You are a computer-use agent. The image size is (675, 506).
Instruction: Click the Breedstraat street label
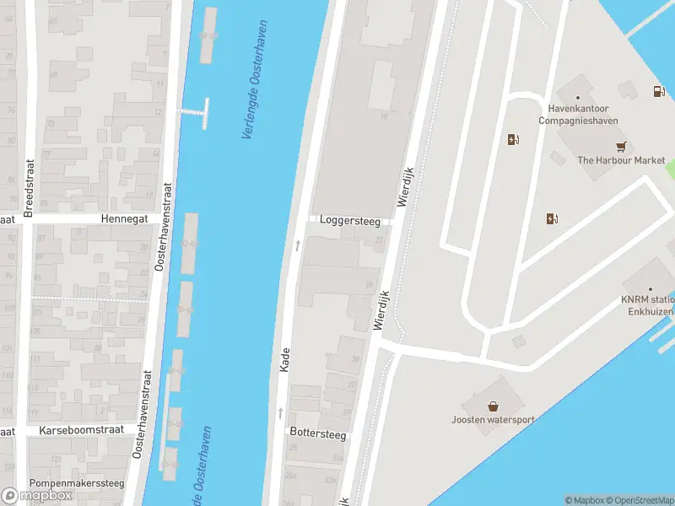pyautogui.click(x=28, y=188)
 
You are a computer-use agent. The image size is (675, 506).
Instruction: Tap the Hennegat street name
pyautogui.click(x=124, y=218)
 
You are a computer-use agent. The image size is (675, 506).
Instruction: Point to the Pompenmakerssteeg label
pyautogui.click(x=77, y=483)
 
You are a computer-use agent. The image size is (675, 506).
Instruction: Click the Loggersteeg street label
pyautogui.click(x=349, y=221)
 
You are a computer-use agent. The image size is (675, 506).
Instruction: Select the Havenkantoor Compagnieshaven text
pyautogui.click(x=579, y=115)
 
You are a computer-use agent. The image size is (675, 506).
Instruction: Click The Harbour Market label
pyautogui.click(x=621, y=160)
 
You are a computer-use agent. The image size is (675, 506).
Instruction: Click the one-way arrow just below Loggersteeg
pyautogui.click(x=297, y=245)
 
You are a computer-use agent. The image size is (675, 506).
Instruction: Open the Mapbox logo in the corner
pyautogui.click(x=37, y=495)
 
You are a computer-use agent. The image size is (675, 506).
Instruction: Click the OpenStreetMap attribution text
pyautogui.click(x=639, y=500)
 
